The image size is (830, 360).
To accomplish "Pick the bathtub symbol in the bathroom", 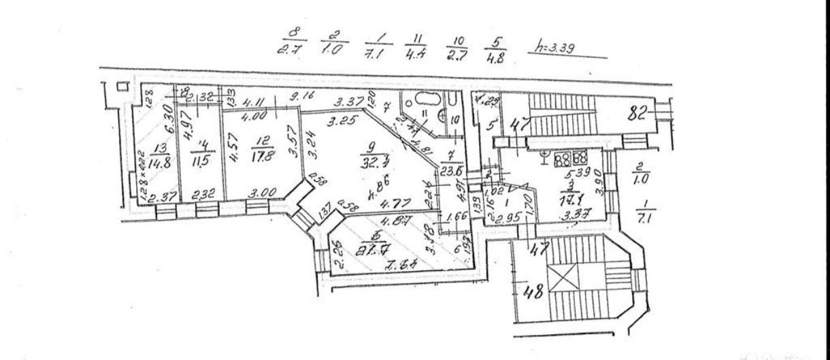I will point(420,100).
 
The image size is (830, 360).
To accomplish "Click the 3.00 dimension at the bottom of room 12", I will point(259,193).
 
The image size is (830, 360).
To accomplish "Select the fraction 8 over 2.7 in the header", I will point(294,42).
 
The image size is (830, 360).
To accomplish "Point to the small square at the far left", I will point(122,87).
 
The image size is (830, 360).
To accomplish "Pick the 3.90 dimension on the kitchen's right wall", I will point(599,181).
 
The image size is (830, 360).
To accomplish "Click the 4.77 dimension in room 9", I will point(391,202).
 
